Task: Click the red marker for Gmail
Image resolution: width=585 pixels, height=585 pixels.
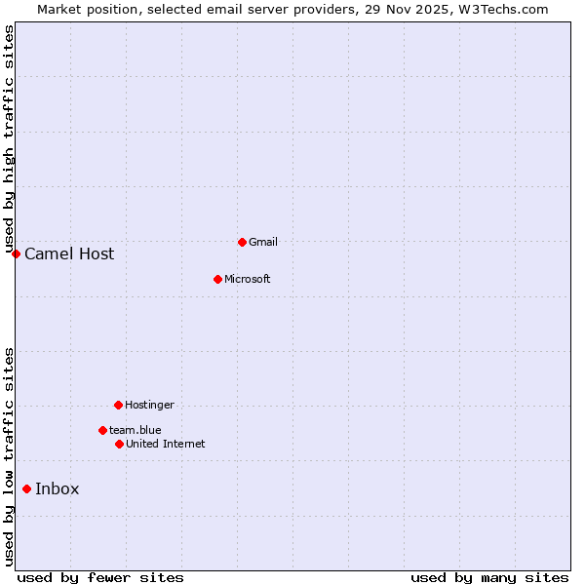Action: pyautogui.click(x=242, y=242)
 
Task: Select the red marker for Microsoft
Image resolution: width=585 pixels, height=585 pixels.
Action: pyautogui.click(x=217, y=279)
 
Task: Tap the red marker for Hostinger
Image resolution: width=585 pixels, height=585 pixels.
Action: pyautogui.click(x=118, y=405)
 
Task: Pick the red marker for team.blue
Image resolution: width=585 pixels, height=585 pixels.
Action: pyautogui.click(x=102, y=430)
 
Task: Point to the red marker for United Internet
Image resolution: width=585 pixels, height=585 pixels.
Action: pyautogui.click(x=119, y=444)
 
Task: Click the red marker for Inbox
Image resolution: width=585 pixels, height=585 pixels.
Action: pyautogui.click(x=26, y=489)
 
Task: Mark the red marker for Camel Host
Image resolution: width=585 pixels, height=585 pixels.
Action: pyautogui.click(x=16, y=254)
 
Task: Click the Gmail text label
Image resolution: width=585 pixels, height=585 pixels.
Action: pyautogui.click(x=263, y=242)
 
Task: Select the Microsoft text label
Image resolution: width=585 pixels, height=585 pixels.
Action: pyautogui.click(x=247, y=279)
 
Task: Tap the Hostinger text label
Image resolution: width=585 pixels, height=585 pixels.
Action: pyautogui.click(x=149, y=405)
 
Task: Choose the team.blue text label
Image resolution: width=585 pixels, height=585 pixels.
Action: pyautogui.click(x=136, y=430)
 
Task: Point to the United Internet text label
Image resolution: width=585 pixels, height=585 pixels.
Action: pyautogui.click(x=165, y=444)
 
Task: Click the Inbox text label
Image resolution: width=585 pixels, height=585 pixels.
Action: pyautogui.click(x=57, y=489)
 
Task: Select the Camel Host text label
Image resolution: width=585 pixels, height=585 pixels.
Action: pyautogui.click(x=69, y=254)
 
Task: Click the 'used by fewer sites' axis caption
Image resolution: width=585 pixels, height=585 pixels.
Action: pyautogui.click(x=100, y=577)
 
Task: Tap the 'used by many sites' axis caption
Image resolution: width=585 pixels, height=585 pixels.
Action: pyautogui.click(x=489, y=577)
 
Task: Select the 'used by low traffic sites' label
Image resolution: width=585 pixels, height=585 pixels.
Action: pyautogui.click(x=9, y=456)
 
